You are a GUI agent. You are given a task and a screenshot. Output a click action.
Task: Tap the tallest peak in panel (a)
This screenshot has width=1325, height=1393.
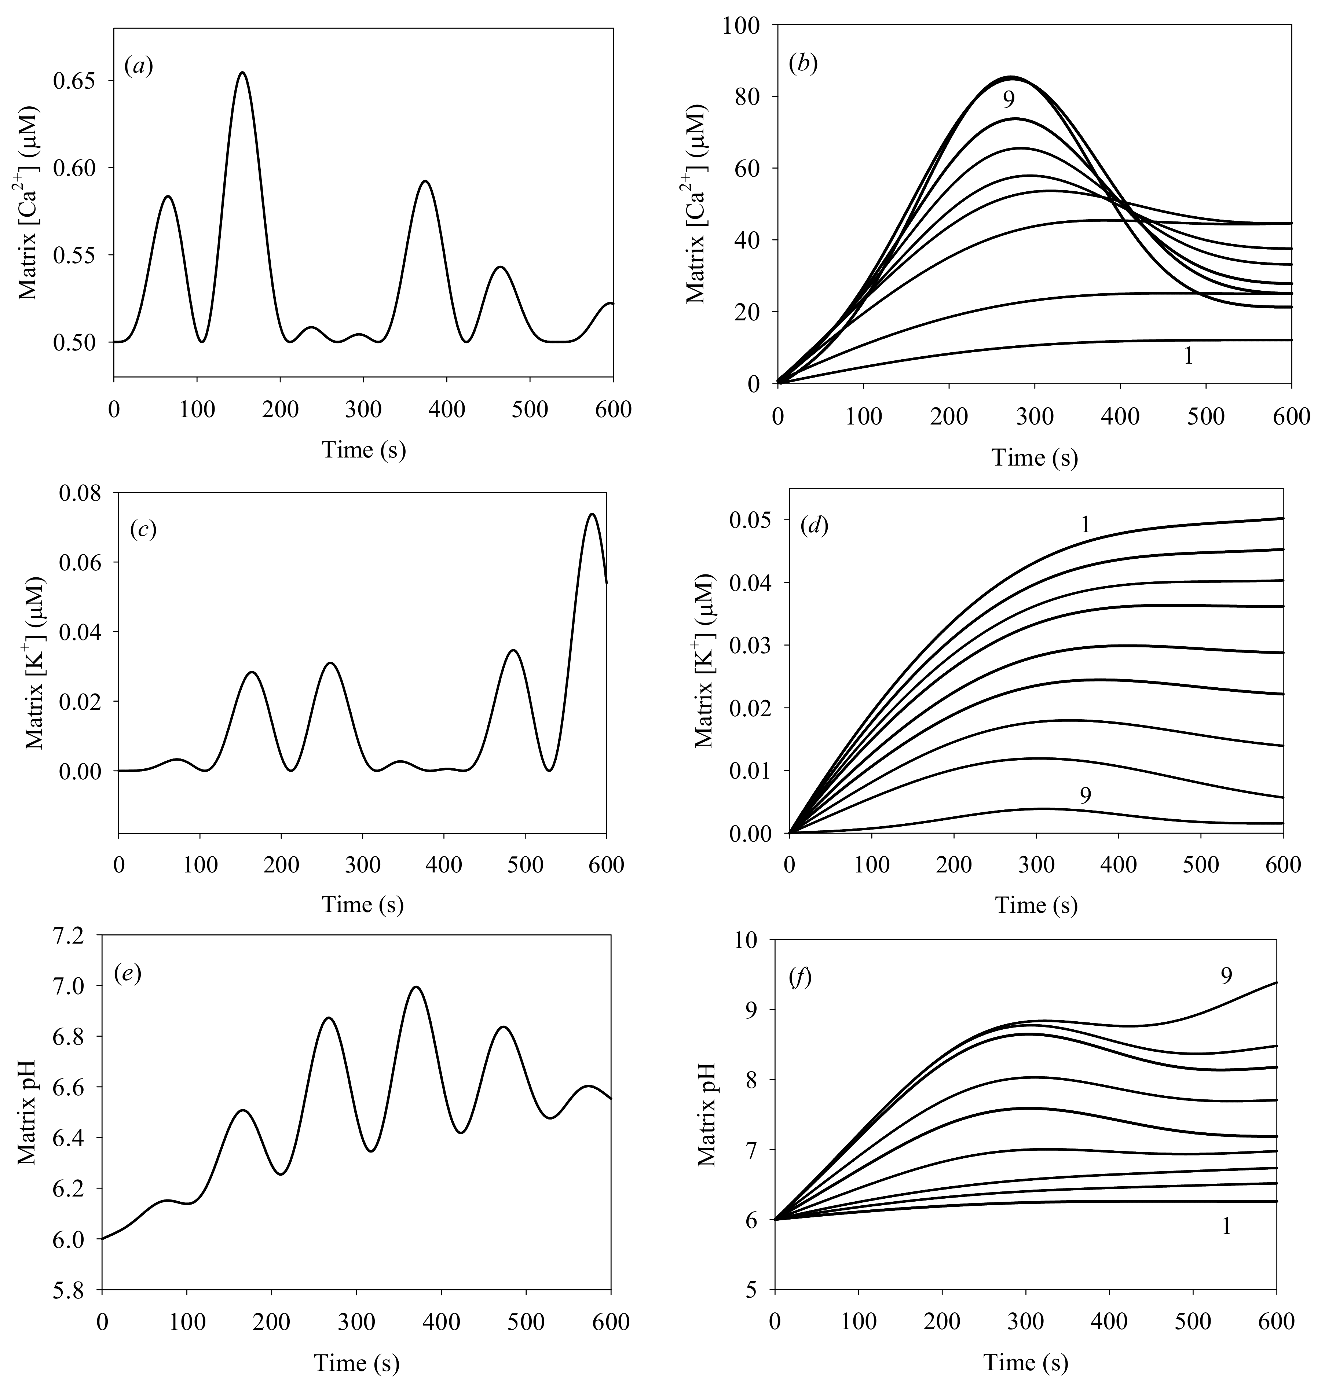pos(242,73)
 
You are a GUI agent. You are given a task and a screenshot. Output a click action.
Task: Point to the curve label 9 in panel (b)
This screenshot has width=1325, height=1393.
pos(1009,100)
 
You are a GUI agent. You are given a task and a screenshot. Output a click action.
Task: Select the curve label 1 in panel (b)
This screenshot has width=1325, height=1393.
pos(1188,357)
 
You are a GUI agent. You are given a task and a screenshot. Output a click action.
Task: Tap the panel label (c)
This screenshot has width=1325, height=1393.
pos(143,530)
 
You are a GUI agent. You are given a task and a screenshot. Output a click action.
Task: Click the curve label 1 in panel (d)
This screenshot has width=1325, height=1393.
pos(1086,525)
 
